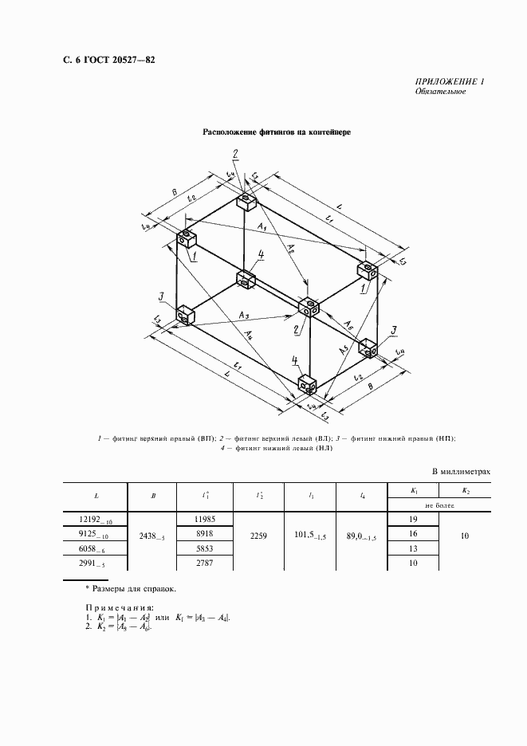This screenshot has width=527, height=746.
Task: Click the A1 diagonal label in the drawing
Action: click(262, 230)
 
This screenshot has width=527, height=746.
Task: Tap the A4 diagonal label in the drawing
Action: click(250, 333)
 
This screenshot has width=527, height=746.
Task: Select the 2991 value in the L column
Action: click(95, 563)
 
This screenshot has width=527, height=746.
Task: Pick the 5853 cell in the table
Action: click(206, 548)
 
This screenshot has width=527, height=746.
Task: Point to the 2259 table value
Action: click(258, 537)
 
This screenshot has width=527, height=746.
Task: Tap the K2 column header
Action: click(466, 491)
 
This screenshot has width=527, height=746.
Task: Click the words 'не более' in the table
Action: click(439, 505)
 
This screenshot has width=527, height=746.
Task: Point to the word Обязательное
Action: click(440, 92)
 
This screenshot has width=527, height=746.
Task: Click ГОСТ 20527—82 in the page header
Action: click(113, 60)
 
